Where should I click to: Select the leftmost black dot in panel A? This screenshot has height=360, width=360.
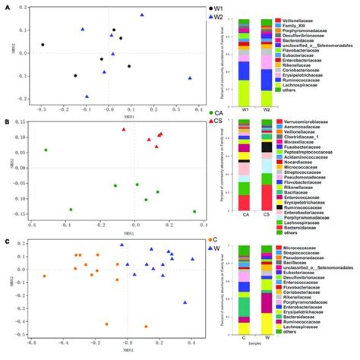[x=43, y=45]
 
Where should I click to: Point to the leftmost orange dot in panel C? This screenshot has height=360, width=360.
[x=45, y=276]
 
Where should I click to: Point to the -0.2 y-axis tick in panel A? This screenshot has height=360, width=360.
[x=21, y=97]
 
